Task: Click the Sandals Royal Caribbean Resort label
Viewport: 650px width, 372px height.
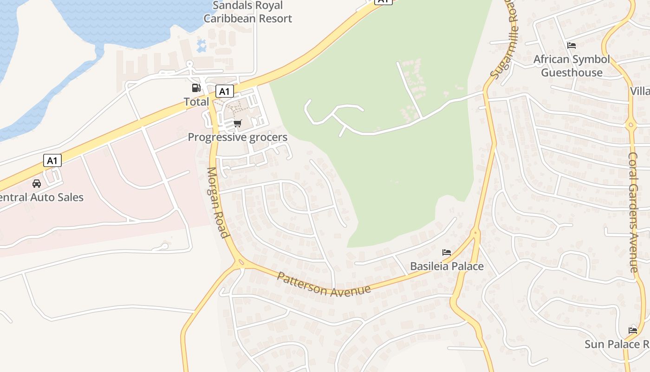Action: pyautogui.click(x=247, y=12)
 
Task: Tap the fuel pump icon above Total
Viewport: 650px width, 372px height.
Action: pyautogui.click(x=196, y=87)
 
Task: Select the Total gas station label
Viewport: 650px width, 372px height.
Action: pyautogui.click(x=196, y=101)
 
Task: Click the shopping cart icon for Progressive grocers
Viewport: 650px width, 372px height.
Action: pyautogui.click(x=238, y=124)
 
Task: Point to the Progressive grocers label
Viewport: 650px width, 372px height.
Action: pyautogui.click(x=237, y=137)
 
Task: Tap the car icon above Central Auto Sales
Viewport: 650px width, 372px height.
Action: pyautogui.click(x=37, y=184)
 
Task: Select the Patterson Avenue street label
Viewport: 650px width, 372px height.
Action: pyautogui.click(x=324, y=285)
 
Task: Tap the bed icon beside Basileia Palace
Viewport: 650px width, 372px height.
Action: pyautogui.click(x=447, y=252)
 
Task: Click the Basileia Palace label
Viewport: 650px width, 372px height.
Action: pyautogui.click(x=447, y=266)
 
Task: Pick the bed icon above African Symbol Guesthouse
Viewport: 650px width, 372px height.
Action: pyautogui.click(x=572, y=46)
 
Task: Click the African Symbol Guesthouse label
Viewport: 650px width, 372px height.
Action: pyautogui.click(x=572, y=66)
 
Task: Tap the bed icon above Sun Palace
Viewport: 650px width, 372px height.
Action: pyautogui.click(x=633, y=331)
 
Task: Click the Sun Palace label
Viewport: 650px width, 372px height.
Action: pyautogui.click(x=617, y=344)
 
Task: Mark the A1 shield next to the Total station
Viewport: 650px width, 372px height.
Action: pyautogui.click(x=224, y=91)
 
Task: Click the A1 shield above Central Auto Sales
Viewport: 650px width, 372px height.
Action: pyautogui.click(x=52, y=161)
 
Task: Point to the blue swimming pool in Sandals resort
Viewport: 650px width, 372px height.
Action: pyautogui.click(x=201, y=46)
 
